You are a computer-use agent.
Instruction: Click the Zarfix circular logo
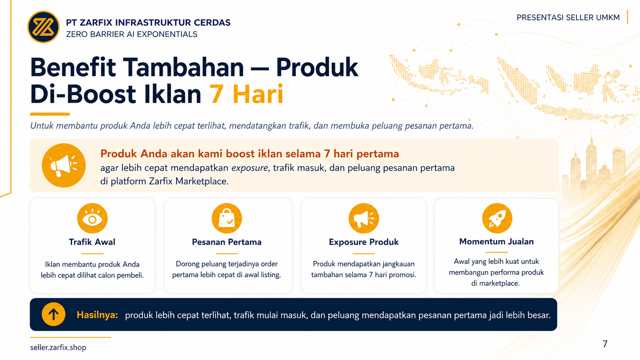(x=43, y=27)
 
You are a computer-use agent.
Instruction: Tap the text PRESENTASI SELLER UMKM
(x=568, y=18)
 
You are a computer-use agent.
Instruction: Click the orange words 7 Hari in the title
(x=246, y=94)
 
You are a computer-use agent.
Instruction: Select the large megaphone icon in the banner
(x=64, y=165)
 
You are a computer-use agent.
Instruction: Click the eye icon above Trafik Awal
(x=92, y=218)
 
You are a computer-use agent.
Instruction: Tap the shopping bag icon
(x=227, y=218)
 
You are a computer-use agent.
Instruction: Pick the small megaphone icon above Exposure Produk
(x=364, y=218)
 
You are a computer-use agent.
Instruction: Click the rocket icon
(x=497, y=218)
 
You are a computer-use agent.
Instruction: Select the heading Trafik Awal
(x=92, y=242)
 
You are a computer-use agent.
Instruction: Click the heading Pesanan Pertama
(x=227, y=242)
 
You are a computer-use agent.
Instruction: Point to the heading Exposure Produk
(x=363, y=242)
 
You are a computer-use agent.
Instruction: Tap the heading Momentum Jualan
(x=496, y=241)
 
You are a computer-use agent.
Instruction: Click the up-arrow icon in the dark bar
(x=54, y=314)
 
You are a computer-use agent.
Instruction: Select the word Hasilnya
(x=97, y=315)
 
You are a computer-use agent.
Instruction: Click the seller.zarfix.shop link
(x=58, y=347)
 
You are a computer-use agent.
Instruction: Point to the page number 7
(x=605, y=344)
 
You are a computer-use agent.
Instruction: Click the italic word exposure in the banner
(x=250, y=168)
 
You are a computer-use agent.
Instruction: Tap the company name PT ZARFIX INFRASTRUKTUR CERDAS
(x=148, y=23)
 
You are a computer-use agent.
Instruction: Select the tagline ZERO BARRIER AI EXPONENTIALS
(x=131, y=34)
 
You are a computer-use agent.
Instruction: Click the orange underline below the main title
(x=50, y=114)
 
